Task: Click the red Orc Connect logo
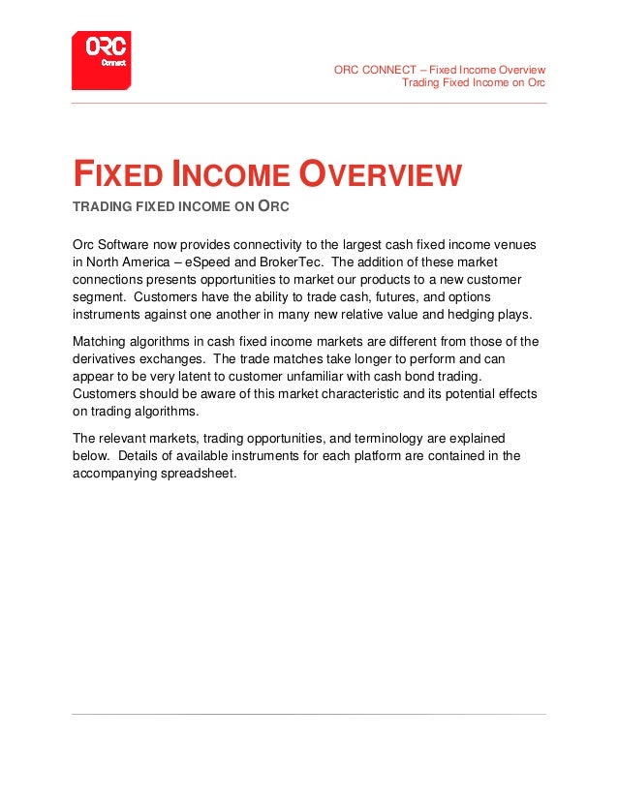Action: tap(101, 60)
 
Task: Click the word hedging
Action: tap(467, 315)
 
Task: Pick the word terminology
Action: tap(385, 437)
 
